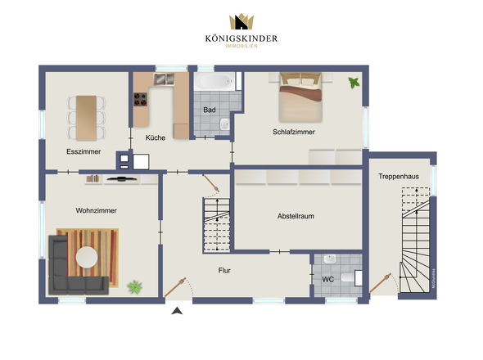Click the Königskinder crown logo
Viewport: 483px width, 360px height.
click(241, 23)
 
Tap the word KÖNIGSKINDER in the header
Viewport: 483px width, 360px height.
click(241, 38)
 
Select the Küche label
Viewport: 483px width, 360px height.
click(156, 138)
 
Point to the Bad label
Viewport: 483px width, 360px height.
click(209, 110)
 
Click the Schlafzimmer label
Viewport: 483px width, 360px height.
click(294, 132)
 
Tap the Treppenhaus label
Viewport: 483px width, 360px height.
click(399, 176)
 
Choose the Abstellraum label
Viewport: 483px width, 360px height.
click(296, 216)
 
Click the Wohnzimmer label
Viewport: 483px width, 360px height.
click(96, 210)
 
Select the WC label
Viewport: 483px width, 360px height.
click(327, 279)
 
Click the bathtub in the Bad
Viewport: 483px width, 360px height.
click(214, 82)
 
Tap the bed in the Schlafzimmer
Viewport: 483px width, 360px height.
click(300, 97)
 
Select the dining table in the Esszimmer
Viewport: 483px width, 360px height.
click(86, 113)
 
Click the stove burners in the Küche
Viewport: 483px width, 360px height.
click(140, 101)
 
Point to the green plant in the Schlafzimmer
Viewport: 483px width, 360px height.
click(354, 82)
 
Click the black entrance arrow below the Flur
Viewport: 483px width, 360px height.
click(174, 310)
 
